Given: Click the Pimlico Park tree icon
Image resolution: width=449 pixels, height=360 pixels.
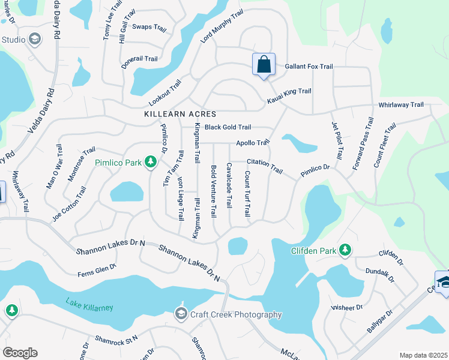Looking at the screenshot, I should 151,163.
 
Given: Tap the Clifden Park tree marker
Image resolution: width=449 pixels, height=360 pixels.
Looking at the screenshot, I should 345,250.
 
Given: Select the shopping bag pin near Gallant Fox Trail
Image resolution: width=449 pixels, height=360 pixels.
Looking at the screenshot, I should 264,65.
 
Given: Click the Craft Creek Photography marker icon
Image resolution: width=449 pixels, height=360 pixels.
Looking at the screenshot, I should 181,314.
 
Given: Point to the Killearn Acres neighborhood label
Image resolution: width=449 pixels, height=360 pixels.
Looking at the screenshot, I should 180,114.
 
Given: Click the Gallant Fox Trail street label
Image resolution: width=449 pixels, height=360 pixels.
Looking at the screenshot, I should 309,67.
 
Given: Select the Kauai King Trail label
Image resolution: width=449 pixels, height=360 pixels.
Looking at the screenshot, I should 289,91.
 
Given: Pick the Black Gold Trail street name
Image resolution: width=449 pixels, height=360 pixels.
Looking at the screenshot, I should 228,127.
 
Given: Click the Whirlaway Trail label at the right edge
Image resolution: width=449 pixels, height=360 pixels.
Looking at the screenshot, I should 401,105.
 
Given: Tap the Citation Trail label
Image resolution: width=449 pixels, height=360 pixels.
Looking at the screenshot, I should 265,167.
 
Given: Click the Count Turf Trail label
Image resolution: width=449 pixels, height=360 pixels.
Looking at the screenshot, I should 247,194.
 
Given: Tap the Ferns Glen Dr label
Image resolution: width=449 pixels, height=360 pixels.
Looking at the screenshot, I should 97,270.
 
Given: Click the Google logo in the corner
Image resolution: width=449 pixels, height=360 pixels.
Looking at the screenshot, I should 20,353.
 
